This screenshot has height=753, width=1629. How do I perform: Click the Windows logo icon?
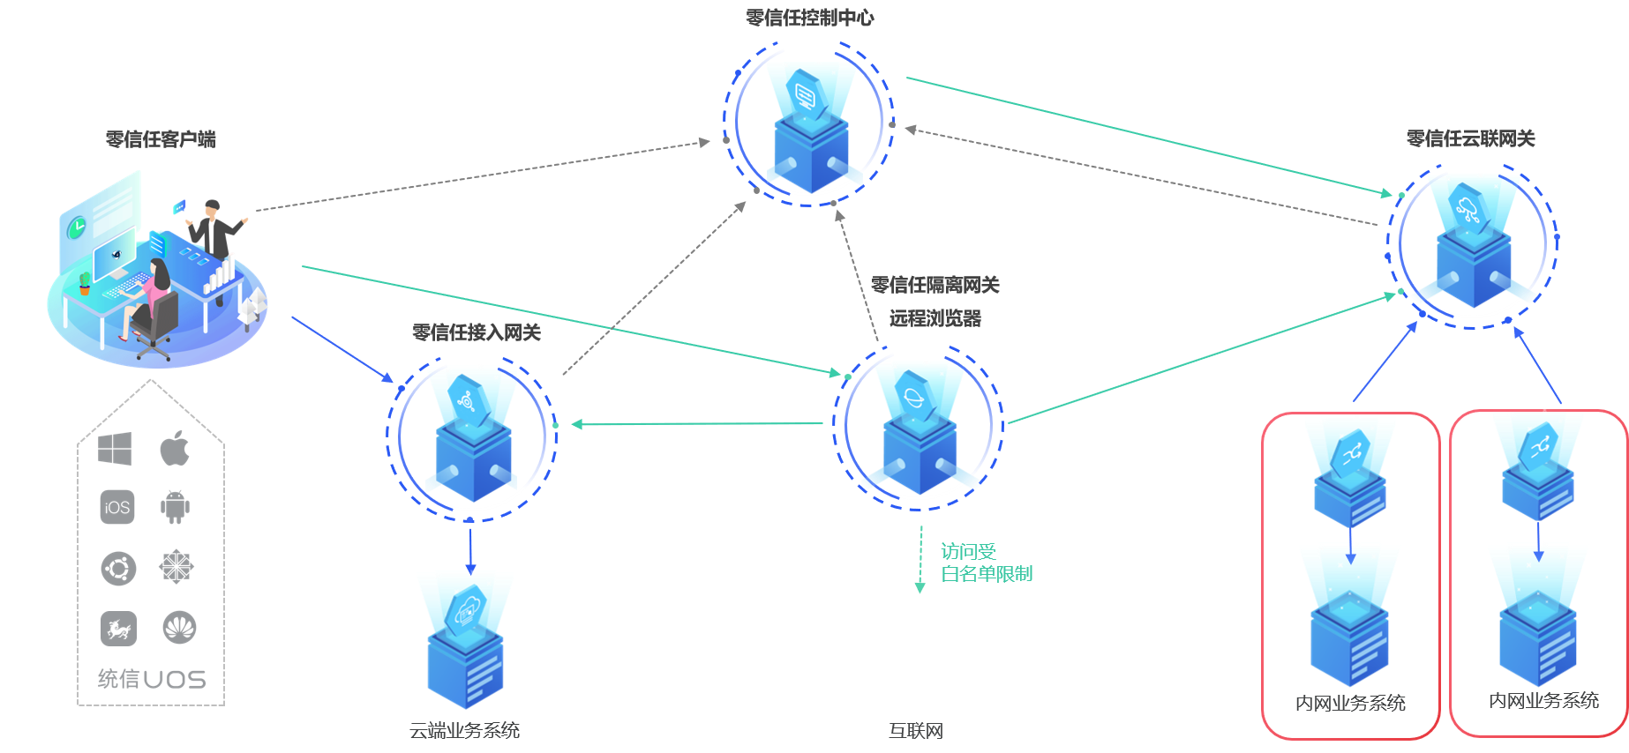(x=115, y=449)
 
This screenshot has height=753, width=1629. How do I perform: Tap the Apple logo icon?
(x=175, y=449)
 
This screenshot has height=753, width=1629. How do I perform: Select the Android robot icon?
(x=175, y=507)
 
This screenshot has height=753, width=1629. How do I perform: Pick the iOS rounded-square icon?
(x=117, y=507)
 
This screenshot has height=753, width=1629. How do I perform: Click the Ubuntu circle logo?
(x=118, y=568)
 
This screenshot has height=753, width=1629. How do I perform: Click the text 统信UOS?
(x=152, y=679)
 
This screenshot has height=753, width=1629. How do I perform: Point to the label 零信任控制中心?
(x=809, y=18)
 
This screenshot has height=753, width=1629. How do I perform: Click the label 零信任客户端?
(x=161, y=138)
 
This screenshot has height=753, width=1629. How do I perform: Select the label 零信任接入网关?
(x=477, y=332)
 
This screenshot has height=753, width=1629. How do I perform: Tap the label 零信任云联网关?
(x=1470, y=138)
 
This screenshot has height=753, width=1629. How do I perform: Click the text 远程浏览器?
(x=935, y=318)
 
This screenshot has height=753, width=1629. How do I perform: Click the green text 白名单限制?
(x=987, y=574)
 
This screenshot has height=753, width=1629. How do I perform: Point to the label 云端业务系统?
(x=464, y=730)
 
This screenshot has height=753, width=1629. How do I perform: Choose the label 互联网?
(x=916, y=730)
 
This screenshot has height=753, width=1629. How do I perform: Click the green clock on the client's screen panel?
(x=77, y=227)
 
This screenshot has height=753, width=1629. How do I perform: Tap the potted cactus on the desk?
(x=85, y=283)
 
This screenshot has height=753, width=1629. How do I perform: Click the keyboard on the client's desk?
(x=125, y=284)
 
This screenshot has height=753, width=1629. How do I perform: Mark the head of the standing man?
(x=212, y=207)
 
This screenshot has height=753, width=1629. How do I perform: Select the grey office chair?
(x=155, y=326)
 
